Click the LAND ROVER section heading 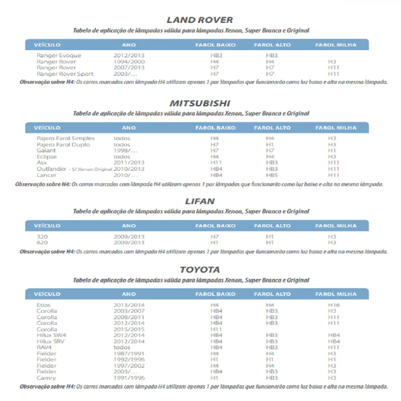click(199, 20)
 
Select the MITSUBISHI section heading click(199, 103)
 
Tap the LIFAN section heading click(199, 201)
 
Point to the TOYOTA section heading click(199, 269)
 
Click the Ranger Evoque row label click(59, 55)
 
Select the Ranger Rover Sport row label click(65, 74)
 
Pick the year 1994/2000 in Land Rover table click(129, 62)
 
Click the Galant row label click(46, 150)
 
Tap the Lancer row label click(47, 175)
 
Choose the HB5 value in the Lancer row click(272, 175)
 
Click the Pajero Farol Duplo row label click(63, 144)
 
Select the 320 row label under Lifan click(42, 237)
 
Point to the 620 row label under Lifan click(42, 243)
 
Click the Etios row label click(44, 305)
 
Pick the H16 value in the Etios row click(334, 305)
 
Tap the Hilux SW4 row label click(51, 335)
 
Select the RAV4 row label click(44, 347)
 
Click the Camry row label click(46, 378)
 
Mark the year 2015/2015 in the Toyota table click(129, 329)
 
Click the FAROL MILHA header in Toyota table click(336, 294)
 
